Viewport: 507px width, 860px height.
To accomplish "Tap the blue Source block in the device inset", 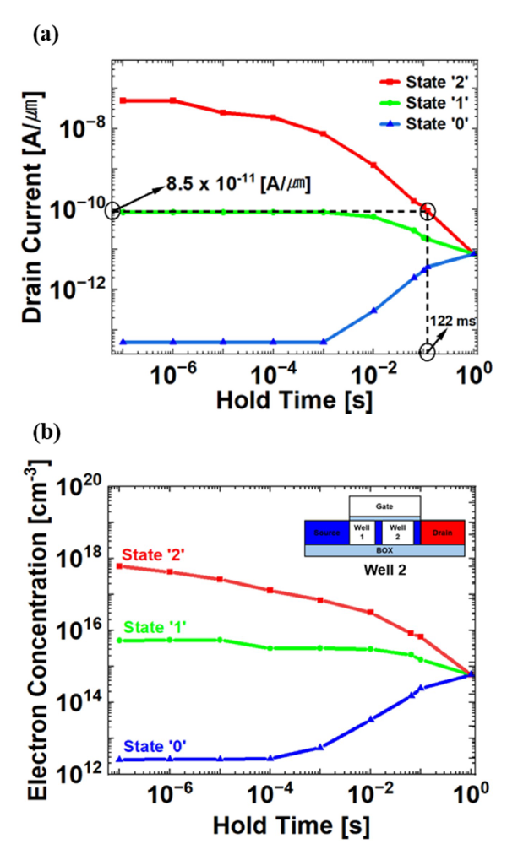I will tap(325, 533).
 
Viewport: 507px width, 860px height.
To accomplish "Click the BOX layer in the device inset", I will tap(384, 550).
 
